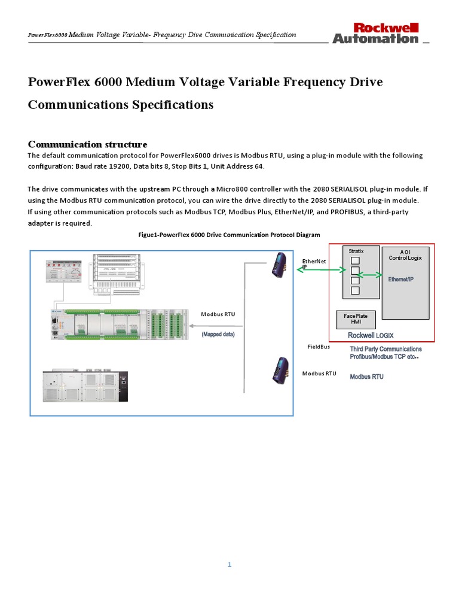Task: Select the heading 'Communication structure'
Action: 88,144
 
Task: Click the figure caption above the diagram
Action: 229,235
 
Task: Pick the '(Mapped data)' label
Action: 218,335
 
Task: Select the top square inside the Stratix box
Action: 355,260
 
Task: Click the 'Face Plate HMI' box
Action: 356,319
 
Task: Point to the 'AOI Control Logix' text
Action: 405,255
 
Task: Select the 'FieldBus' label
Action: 319,347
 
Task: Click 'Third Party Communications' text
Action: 385,349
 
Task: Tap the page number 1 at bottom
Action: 229,564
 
